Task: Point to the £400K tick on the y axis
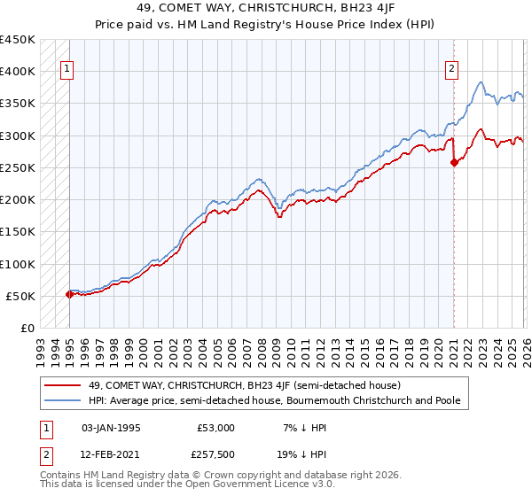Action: pos(19,72)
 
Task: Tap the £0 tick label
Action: pos(27,329)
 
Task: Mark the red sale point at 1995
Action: pos(69,294)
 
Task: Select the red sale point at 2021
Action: pos(454,162)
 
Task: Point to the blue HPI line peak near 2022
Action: pos(480,82)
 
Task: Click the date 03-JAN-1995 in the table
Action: pos(112,427)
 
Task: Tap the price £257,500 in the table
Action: pos(215,453)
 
